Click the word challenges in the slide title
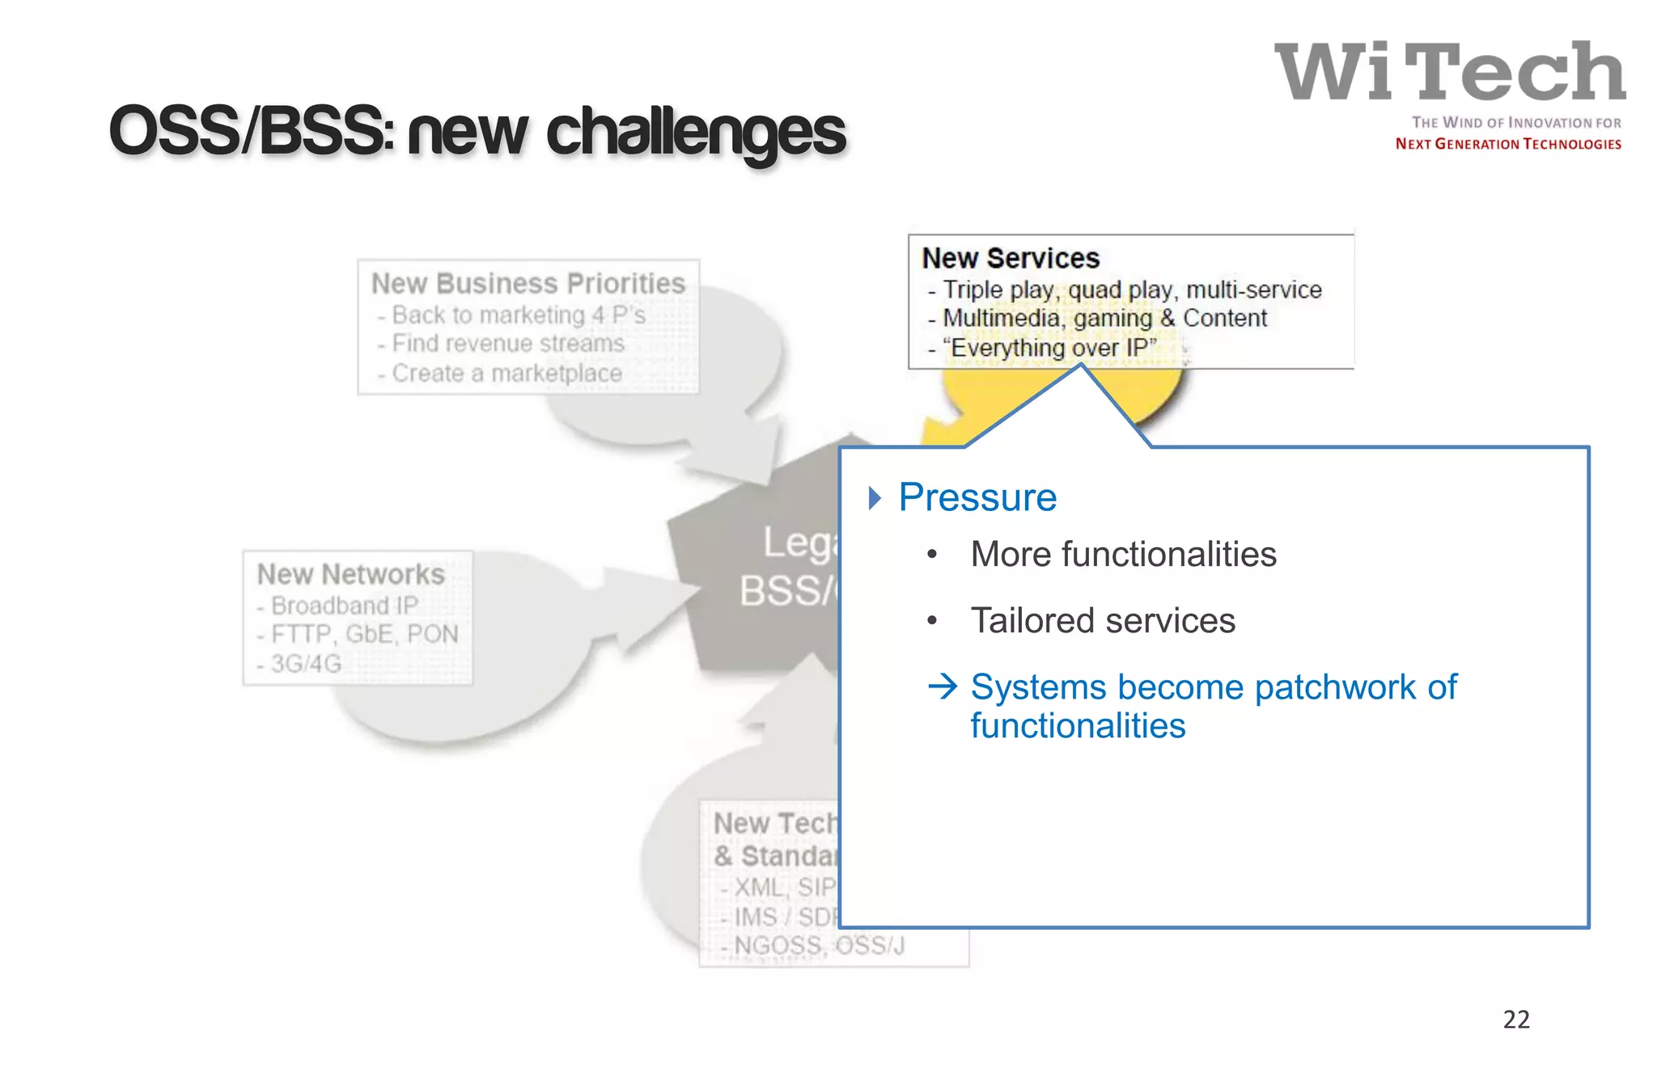(696, 132)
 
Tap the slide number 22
(1516, 1019)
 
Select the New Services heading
(1011, 258)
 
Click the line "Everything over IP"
(1051, 349)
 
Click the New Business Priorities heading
(528, 283)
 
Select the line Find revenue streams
(507, 344)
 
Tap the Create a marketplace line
(506, 374)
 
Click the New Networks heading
(350, 574)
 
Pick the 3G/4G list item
(306, 664)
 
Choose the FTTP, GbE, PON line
(364, 634)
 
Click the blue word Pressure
(977, 497)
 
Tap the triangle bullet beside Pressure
(874, 498)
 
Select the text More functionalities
(1123, 555)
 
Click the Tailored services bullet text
(1103, 621)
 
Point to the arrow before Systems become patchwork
(943, 687)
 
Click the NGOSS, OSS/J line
(819, 945)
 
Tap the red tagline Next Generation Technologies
(1508, 144)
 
